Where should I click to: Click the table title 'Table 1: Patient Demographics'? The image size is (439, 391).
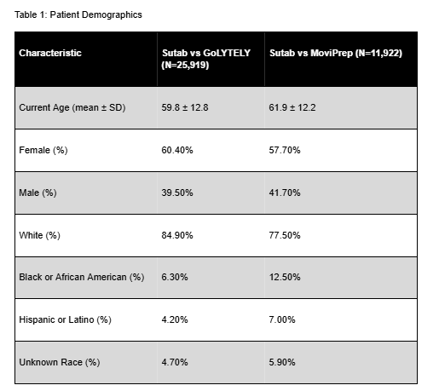[x=78, y=14]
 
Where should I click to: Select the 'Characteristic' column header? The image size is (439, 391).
[x=50, y=53]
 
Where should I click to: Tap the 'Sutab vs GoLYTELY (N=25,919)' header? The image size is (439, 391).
[x=206, y=59]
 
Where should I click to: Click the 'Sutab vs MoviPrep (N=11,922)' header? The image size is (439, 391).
[x=336, y=53]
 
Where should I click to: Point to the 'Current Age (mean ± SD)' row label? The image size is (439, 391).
[x=72, y=107]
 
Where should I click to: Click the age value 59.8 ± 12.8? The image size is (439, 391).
[x=185, y=107]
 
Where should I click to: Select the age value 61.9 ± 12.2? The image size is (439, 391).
[x=292, y=107]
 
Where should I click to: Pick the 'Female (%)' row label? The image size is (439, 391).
[x=43, y=150]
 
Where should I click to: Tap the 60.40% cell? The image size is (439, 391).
[x=177, y=150]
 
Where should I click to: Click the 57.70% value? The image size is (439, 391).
[x=285, y=150]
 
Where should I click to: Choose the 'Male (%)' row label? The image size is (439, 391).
[x=38, y=193]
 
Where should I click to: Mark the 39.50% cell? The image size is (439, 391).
[x=177, y=193]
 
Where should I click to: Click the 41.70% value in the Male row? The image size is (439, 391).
[x=285, y=193]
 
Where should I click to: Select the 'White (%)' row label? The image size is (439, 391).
[x=40, y=235]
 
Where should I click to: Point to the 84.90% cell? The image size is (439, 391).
[x=177, y=235]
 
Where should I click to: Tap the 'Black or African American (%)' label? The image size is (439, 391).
[x=82, y=277]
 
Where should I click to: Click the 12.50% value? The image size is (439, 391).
[x=285, y=277]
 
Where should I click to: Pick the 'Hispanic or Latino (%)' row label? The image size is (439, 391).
[x=66, y=319]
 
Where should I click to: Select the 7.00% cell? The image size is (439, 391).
[x=282, y=319]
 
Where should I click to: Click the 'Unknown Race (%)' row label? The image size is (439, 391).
[x=60, y=362]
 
